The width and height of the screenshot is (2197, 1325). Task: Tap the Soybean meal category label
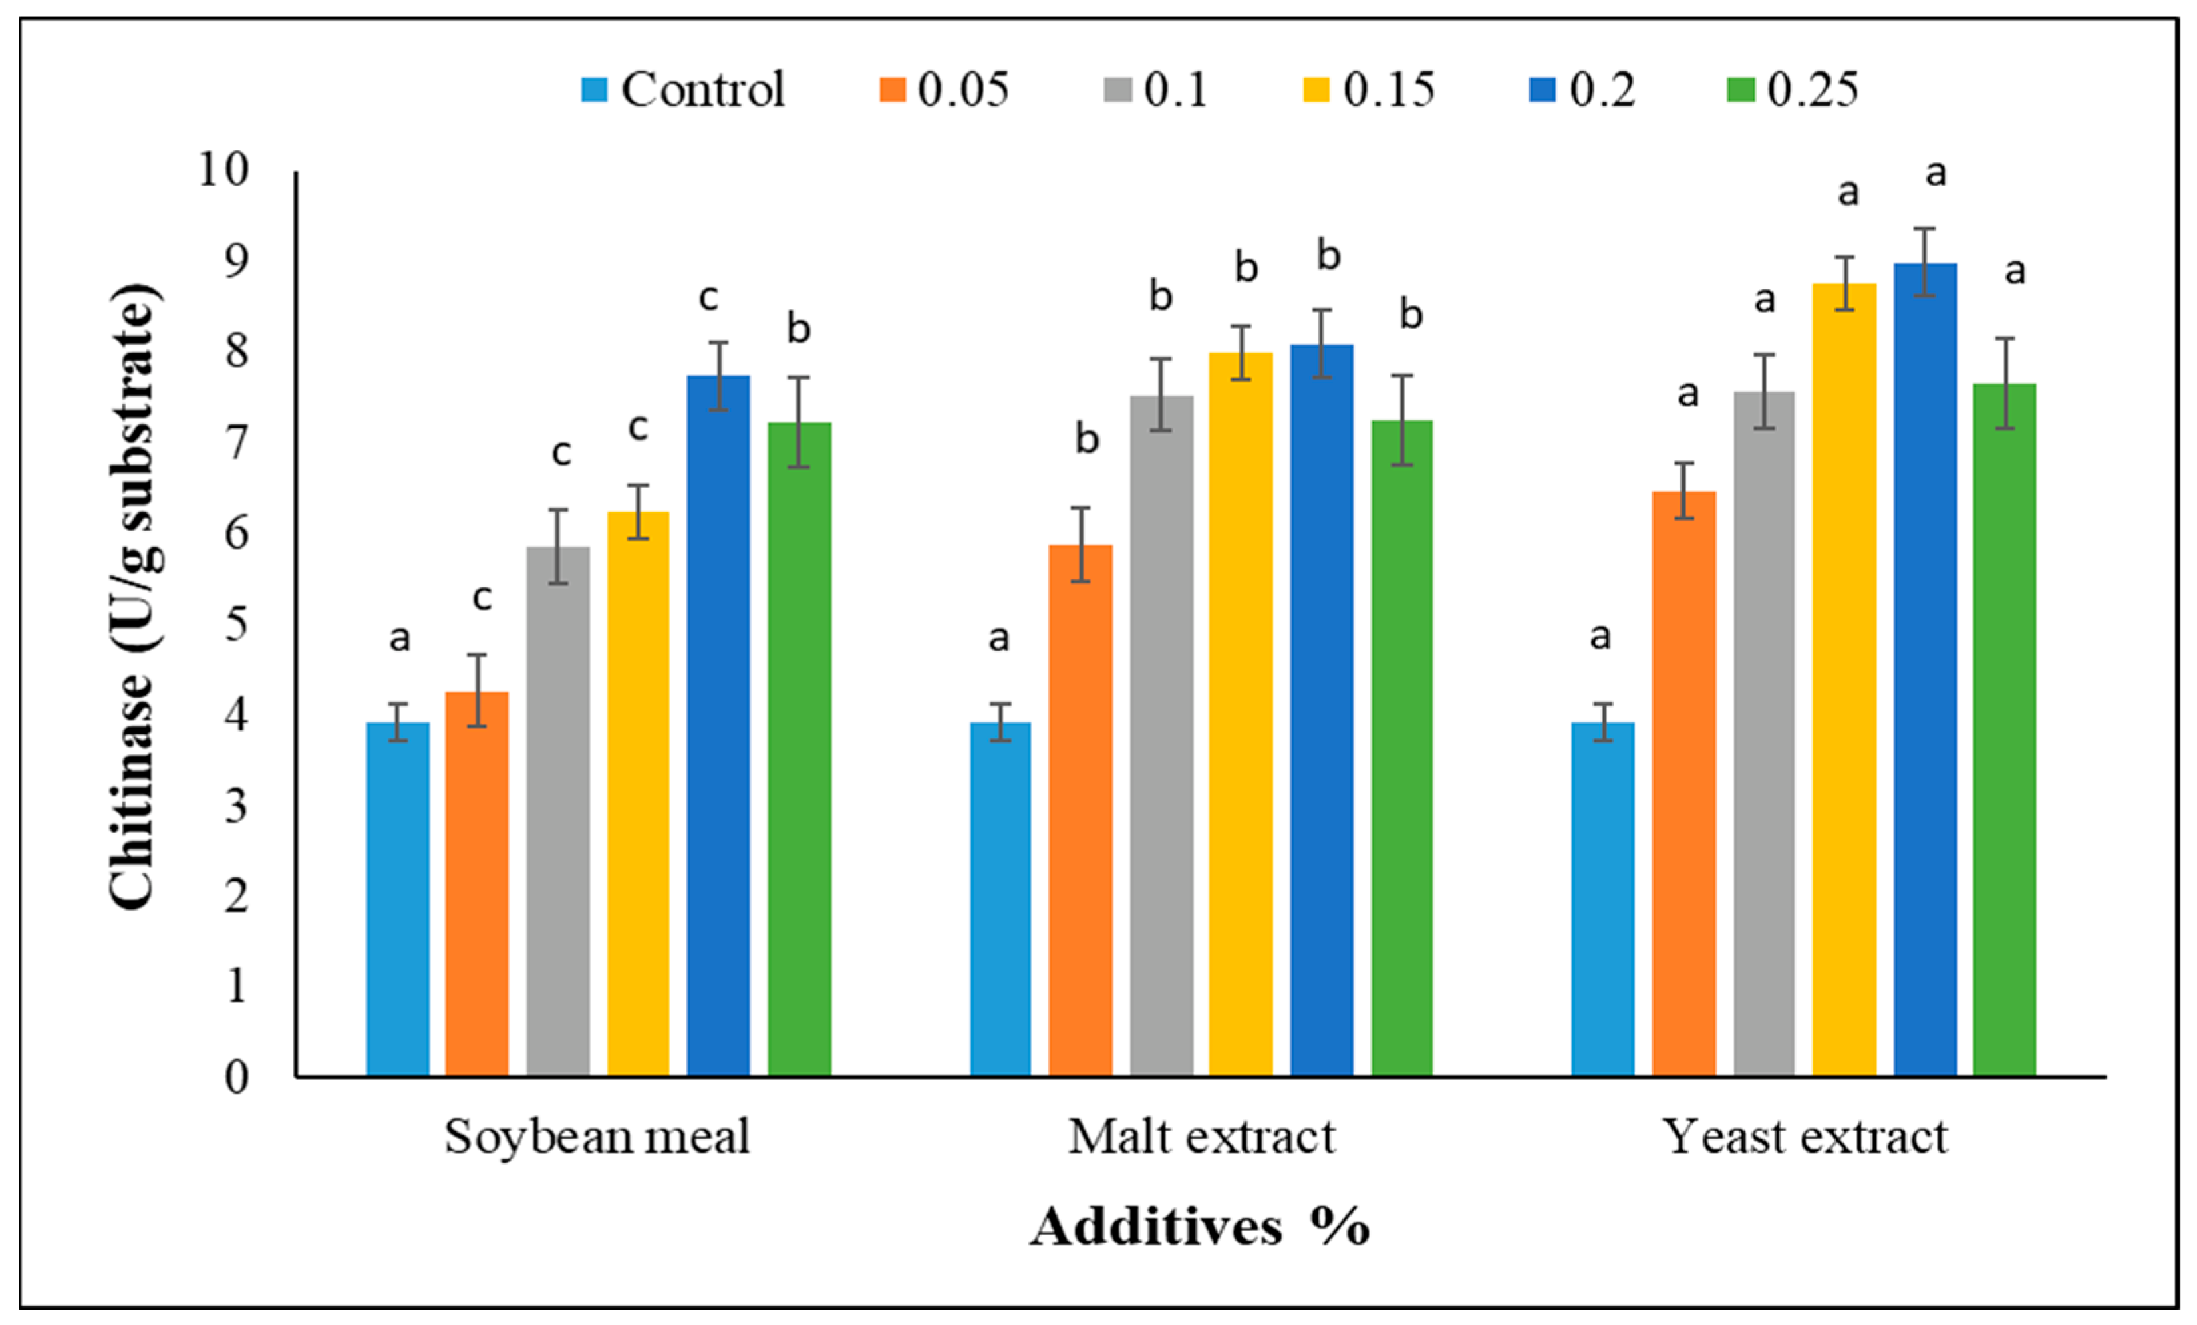tap(597, 1137)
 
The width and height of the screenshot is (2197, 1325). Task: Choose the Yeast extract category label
tap(1805, 1137)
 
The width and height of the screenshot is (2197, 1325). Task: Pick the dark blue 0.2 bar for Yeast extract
tap(1926, 671)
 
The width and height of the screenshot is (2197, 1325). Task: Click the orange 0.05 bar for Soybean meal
tap(477, 885)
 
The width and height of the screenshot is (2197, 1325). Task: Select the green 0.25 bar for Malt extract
tap(1403, 749)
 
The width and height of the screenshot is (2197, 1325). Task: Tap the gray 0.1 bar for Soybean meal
tap(558, 813)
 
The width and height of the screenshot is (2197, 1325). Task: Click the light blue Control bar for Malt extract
tap(1000, 899)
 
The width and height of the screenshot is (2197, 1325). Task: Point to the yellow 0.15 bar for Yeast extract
tap(1844, 680)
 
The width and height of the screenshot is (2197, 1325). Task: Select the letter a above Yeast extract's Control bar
tap(1600, 637)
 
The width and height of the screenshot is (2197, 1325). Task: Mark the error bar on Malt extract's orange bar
tap(1080, 545)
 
